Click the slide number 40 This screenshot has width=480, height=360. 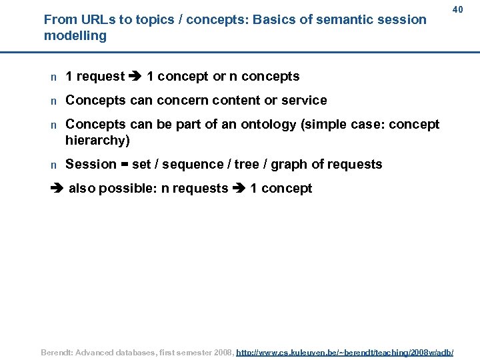pos(457,9)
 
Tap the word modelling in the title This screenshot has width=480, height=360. pos(75,36)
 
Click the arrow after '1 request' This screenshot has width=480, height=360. pos(136,77)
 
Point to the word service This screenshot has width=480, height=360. pos(304,101)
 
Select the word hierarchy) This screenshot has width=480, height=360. pos(97,140)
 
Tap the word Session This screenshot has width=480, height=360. pos(91,165)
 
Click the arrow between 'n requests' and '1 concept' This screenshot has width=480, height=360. pos(239,189)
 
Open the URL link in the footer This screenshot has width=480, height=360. pos(345,351)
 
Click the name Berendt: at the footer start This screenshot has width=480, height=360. pos(58,351)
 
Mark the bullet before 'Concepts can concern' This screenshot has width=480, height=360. pos(53,101)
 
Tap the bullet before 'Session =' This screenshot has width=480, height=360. pos(53,165)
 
